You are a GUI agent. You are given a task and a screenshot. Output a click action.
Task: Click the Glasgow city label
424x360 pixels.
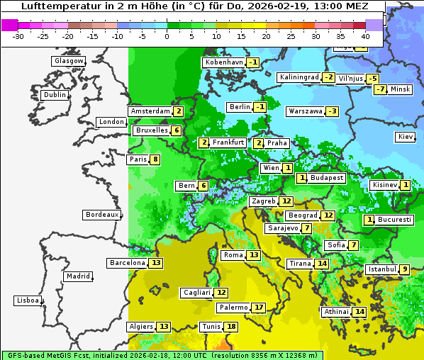(69, 61)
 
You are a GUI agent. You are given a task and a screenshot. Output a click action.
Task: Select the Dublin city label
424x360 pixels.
(55, 95)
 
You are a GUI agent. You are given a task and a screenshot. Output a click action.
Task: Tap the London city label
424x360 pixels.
(111, 122)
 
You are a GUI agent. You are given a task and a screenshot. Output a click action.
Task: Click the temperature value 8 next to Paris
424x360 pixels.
(155, 159)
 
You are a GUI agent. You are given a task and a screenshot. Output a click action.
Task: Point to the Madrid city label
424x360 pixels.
(78, 276)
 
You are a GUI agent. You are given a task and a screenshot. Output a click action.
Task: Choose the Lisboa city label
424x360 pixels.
(28, 300)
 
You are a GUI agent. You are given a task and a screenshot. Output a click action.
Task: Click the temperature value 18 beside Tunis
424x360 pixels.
(231, 327)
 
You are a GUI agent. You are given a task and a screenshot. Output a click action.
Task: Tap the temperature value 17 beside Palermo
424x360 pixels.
(259, 308)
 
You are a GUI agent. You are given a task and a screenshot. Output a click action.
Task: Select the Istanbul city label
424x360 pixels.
(381, 269)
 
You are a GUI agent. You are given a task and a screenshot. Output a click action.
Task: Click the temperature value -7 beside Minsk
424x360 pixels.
(381, 89)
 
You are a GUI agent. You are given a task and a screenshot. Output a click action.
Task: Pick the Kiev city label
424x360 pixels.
(406, 136)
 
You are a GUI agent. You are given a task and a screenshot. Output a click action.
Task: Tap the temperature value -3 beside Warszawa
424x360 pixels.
(332, 111)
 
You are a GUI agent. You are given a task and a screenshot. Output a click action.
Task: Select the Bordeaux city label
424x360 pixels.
(102, 214)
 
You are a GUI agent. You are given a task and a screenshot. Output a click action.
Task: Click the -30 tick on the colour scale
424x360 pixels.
(18, 36)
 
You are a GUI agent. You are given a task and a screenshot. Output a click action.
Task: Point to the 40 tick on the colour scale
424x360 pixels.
(365, 36)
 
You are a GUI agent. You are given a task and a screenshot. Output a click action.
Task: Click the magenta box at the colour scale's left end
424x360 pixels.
(9, 25)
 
